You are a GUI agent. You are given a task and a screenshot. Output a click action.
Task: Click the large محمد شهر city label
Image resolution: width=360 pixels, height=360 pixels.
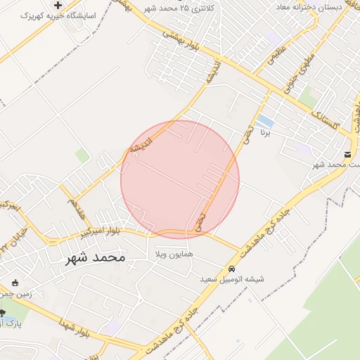95,258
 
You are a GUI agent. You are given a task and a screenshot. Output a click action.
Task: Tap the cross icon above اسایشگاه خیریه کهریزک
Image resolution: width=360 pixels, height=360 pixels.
58,5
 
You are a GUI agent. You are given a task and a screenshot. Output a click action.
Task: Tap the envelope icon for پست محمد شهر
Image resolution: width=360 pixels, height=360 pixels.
348,155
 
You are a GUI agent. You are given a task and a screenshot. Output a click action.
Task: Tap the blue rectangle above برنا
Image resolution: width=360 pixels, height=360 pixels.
265,121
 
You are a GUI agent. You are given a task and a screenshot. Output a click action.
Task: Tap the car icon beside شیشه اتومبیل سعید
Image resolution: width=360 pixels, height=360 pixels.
231,269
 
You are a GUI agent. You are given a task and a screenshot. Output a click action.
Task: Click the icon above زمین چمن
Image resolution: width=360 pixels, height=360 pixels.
15,282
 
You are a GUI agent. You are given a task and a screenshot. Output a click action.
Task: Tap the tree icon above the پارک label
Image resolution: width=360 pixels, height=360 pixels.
2,313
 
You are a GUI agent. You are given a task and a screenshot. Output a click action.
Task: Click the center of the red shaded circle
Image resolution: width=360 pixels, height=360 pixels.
180,180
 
